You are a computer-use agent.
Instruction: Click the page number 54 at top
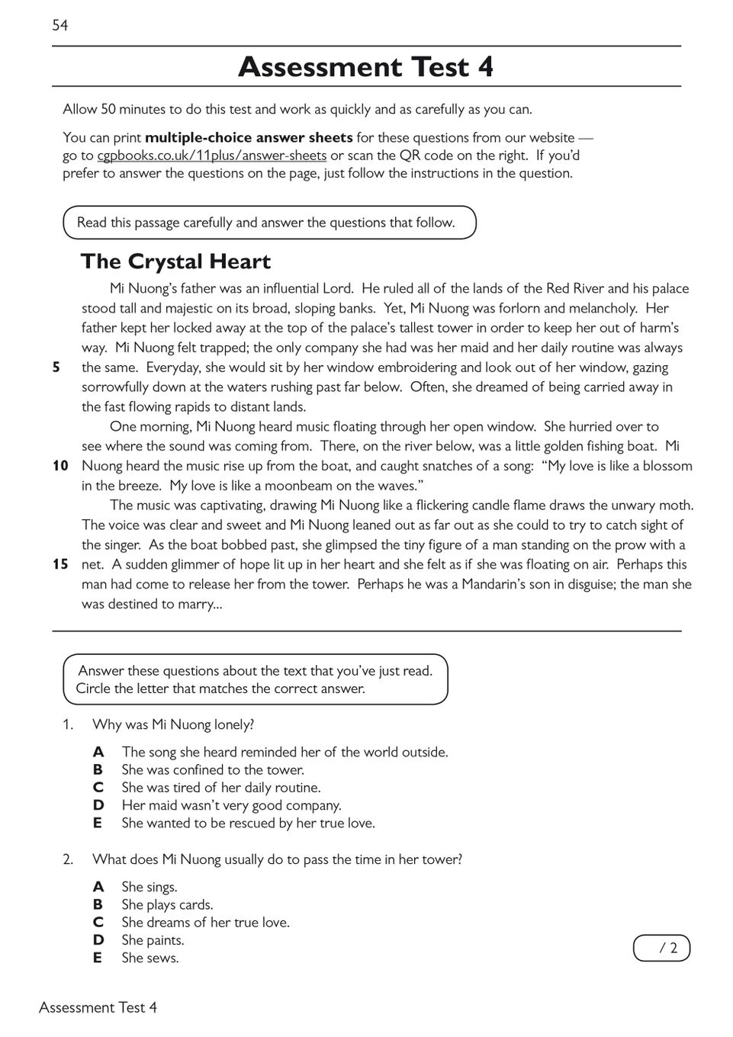click(59, 26)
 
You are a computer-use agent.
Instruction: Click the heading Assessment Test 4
click(365, 67)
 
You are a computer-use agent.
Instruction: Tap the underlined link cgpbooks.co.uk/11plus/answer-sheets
click(212, 156)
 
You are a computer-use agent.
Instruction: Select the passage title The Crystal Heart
click(175, 262)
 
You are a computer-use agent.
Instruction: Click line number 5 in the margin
click(56, 368)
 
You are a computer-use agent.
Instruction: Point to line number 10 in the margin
click(60, 466)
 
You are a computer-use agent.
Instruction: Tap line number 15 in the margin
click(60, 564)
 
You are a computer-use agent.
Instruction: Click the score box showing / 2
click(661, 949)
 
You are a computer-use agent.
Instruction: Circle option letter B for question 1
click(98, 770)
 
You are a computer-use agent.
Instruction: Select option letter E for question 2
click(97, 958)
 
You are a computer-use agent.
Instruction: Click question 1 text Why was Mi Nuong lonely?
click(173, 724)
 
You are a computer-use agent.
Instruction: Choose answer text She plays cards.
click(167, 905)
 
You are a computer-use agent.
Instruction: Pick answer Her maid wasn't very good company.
click(231, 805)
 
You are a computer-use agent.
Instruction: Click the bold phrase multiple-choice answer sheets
click(249, 138)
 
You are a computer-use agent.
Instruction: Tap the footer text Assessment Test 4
click(98, 1007)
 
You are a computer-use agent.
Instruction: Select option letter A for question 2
click(98, 887)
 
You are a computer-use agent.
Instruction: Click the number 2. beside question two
click(68, 859)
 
